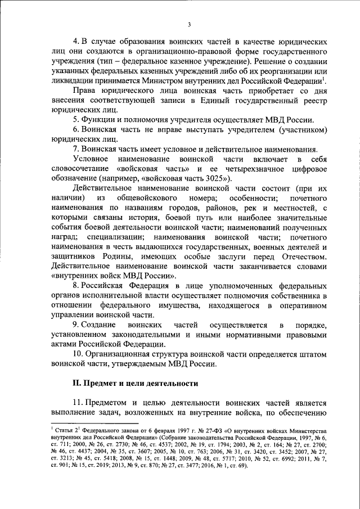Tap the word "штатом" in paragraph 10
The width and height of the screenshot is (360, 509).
coord(312,354)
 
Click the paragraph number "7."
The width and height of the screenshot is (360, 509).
coord(76,149)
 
